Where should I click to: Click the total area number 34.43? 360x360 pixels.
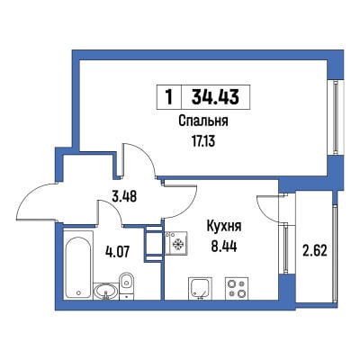[215, 97]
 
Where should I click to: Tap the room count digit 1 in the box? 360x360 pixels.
[169, 97]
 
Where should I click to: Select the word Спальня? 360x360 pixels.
[203, 121]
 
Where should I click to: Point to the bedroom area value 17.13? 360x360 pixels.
[203, 140]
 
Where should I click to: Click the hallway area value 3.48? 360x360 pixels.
[124, 196]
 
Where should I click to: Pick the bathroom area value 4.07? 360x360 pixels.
[117, 252]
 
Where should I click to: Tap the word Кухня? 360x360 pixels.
[224, 227]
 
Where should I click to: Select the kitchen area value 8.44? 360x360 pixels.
[224, 247]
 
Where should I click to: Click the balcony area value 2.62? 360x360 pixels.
[315, 250]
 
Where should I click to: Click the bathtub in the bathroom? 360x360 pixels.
[78, 265]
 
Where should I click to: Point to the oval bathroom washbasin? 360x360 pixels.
[105, 291]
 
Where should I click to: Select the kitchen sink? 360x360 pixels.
[200, 288]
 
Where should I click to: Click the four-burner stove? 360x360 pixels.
[237, 288]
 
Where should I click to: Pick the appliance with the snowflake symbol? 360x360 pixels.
[176, 244]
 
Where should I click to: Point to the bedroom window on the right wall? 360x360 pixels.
[336, 117]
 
